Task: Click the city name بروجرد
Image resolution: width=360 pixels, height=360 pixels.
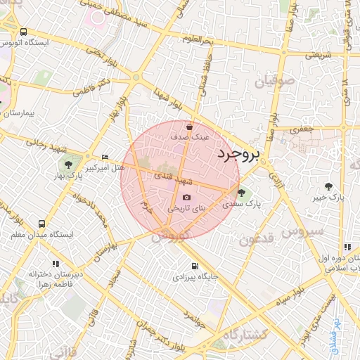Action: [238, 154]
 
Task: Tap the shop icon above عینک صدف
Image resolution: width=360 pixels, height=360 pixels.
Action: [189, 127]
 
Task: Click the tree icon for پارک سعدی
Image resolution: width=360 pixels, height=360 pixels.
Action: [241, 193]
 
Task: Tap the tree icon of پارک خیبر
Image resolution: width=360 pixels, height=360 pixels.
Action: [328, 186]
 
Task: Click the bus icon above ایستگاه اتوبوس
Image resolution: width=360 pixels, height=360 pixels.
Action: [24, 32]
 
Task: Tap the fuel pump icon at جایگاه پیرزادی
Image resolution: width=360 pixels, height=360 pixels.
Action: [195, 266]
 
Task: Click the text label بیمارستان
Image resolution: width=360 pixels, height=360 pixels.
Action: [24, 112]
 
